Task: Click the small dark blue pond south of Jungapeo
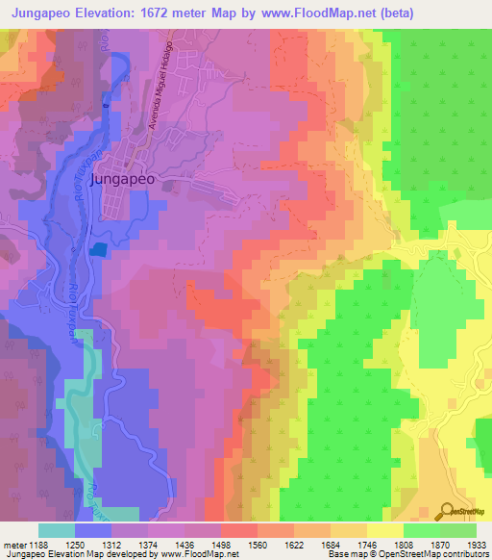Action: coord(99,248)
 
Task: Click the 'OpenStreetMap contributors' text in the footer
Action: coord(430,554)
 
